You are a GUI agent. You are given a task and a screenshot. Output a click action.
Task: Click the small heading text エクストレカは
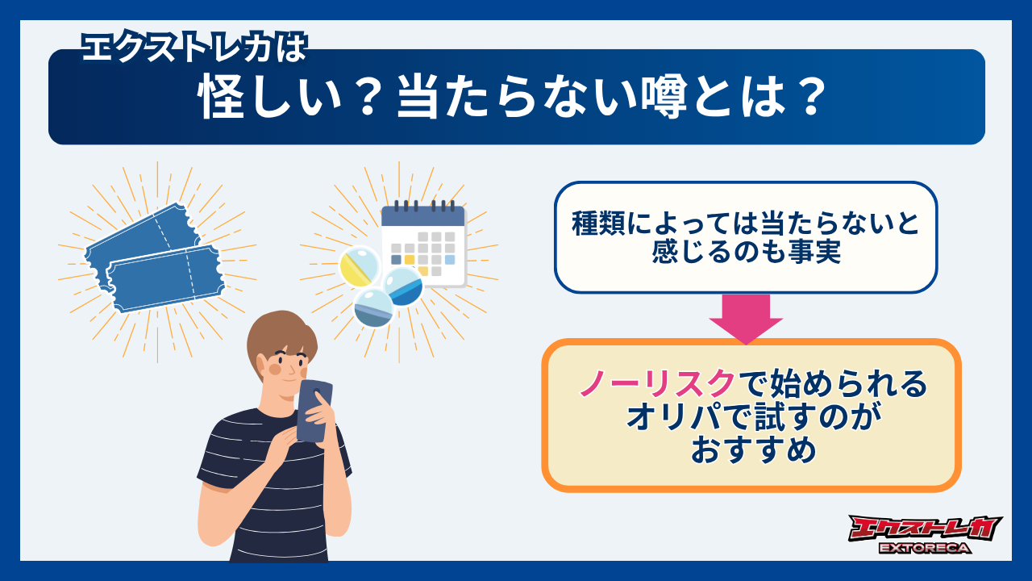click(194, 50)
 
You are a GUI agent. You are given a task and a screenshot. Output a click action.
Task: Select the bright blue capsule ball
click(403, 286)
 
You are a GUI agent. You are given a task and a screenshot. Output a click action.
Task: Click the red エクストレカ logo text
click(925, 529)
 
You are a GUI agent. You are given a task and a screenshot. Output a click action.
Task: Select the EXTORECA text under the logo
click(925, 549)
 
